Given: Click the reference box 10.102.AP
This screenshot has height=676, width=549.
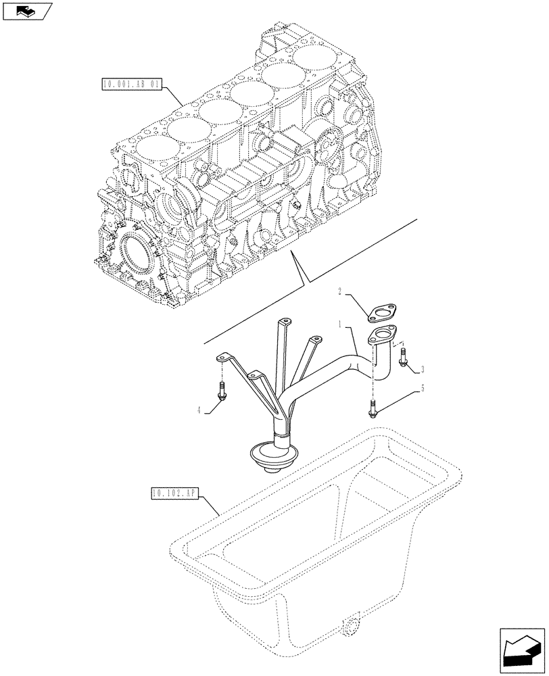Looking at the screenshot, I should pyautogui.click(x=176, y=495).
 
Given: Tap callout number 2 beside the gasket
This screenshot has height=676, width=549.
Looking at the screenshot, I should pyautogui.click(x=342, y=292).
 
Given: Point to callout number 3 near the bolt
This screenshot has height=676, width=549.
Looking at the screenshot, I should pyautogui.click(x=423, y=368).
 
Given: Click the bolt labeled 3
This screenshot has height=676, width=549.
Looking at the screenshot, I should pyautogui.click(x=403, y=358).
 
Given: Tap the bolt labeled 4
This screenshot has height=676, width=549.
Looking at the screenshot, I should pyautogui.click(x=222, y=390).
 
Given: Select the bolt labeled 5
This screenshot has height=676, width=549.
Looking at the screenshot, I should pyautogui.click(x=373, y=406).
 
